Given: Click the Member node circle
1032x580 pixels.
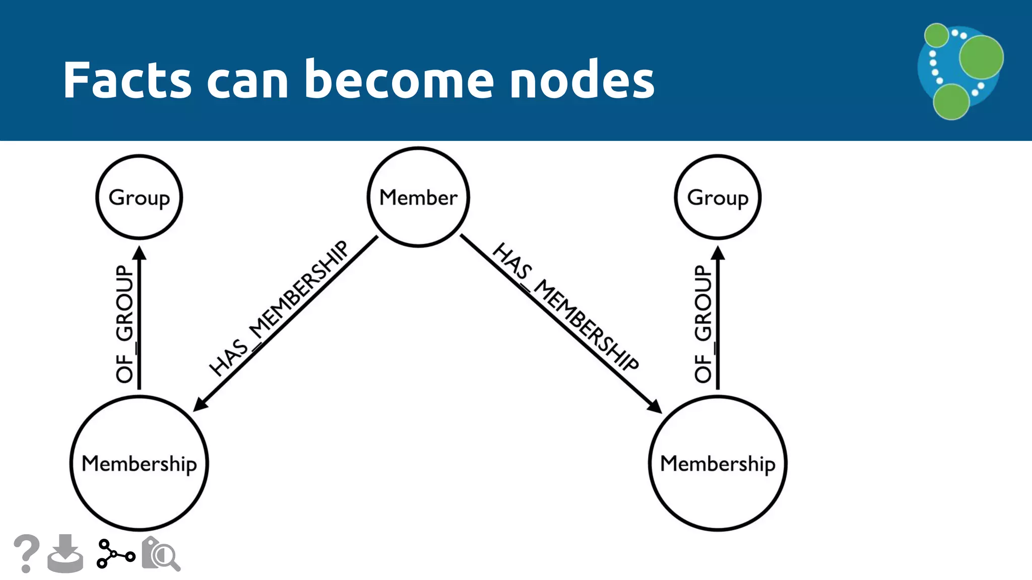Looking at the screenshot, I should tap(418, 197).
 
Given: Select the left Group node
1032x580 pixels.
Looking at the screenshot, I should tap(139, 197).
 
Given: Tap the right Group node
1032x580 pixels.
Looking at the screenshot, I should tap(718, 197).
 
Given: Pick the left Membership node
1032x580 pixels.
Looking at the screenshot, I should tap(139, 463).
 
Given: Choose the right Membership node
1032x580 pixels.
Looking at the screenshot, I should tap(718, 463).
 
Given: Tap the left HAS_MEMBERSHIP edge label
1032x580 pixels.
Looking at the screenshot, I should tap(279, 308).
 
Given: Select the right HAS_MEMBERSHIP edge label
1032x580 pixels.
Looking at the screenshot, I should tap(565, 307).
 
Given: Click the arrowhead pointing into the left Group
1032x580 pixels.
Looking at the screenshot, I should tap(140, 253).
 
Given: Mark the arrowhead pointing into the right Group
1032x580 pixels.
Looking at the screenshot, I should tap(718, 253).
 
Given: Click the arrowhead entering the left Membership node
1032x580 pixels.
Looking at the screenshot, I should tap(200, 404).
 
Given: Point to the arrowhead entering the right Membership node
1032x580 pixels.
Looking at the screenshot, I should tap(655, 406).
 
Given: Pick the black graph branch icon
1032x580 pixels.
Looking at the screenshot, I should tap(115, 554).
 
